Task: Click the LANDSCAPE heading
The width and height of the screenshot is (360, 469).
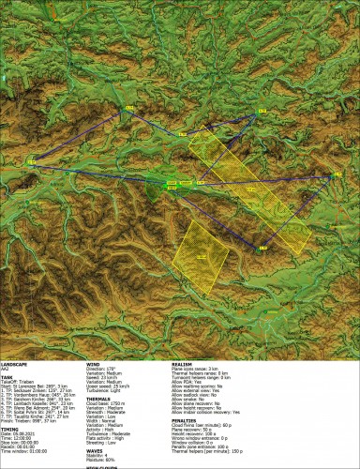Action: click(15, 363)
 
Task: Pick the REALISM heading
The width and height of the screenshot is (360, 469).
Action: click(184, 363)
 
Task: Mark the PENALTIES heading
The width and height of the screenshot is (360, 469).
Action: click(187, 417)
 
